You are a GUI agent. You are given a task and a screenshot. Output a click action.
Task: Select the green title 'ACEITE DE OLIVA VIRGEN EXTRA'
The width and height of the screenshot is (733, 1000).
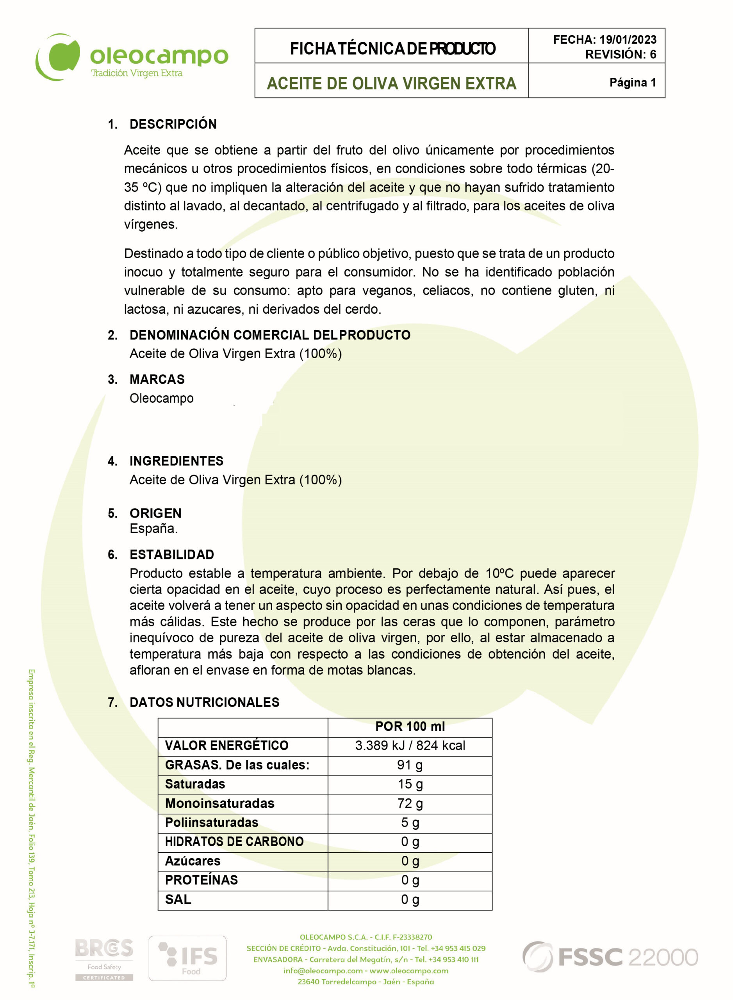(x=391, y=84)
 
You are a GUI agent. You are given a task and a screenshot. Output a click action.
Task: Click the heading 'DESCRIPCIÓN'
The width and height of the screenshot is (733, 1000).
(x=173, y=124)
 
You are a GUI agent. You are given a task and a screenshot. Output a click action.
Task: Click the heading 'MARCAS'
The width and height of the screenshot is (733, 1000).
(x=157, y=380)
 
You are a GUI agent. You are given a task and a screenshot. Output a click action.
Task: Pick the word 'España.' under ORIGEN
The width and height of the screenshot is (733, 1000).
(x=153, y=529)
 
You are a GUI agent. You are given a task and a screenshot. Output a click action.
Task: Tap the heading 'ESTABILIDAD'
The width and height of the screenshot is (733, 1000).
(x=172, y=555)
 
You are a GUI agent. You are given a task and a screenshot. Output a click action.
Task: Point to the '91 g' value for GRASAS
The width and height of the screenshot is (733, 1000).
(x=410, y=765)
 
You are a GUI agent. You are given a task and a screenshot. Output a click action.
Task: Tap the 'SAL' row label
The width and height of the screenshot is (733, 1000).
(x=178, y=900)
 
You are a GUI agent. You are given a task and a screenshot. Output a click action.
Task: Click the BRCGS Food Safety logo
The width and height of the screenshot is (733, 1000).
(x=104, y=959)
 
